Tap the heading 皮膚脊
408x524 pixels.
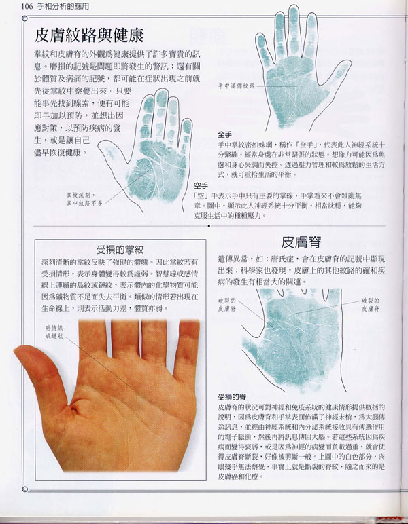(302, 241)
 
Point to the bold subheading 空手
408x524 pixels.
(201, 185)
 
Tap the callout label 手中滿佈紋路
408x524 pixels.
(236, 86)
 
